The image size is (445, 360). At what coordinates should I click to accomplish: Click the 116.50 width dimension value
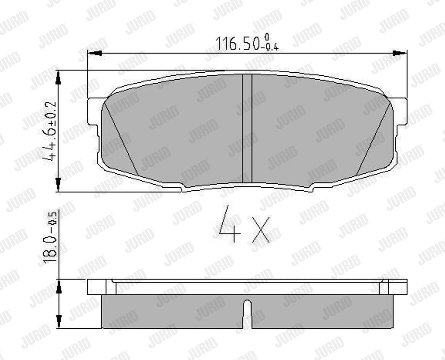pyautogui.click(x=238, y=43)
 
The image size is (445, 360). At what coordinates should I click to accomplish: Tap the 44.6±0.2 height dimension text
pyautogui.click(x=49, y=131)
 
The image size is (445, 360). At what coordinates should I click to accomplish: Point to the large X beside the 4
pyautogui.click(x=261, y=230)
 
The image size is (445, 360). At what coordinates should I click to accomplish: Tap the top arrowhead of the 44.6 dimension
pyautogui.click(x=58, y=78)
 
